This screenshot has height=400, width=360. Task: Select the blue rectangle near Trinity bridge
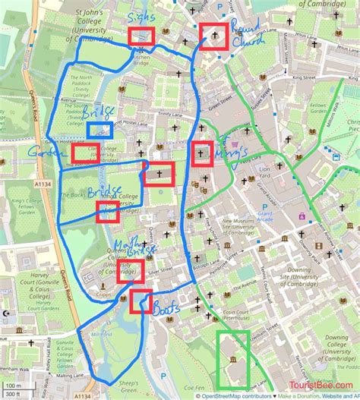point(99,131)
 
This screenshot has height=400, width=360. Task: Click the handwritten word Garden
point(43,154)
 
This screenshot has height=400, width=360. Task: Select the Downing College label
point(333,349)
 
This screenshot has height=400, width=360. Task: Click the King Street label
point(303,77)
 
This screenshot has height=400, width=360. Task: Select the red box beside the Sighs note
point(141,36)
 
